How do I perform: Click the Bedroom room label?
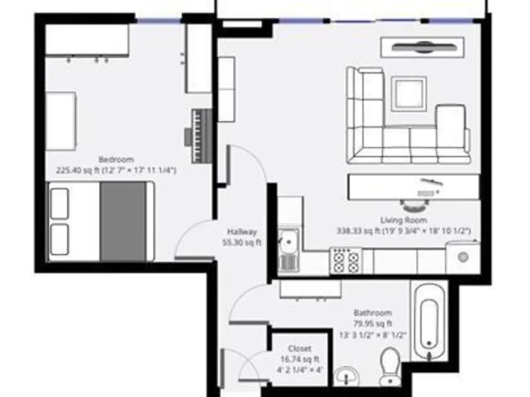[x=116, y=159]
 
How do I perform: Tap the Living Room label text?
[x=404, y=221]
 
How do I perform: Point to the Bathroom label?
[x=373, y=312]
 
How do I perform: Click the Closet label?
[x=300, y=349]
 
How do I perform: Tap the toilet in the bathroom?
[x=391, y=366]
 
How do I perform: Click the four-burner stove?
[x=346, y=261]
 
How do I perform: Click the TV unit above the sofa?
[x=422, y=48]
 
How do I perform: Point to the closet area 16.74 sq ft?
[x=300, y=359]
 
